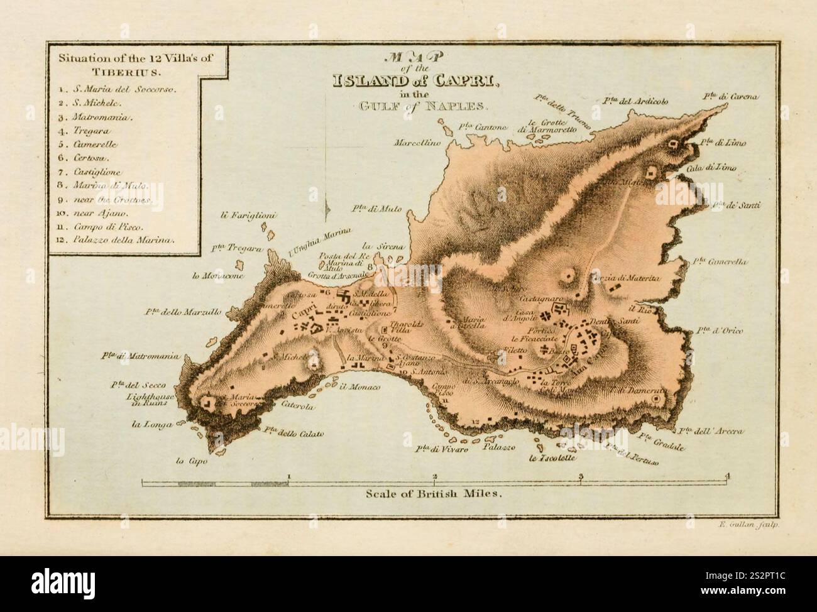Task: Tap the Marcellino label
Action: [x=418, y=143]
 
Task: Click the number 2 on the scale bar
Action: [x=435, y=476]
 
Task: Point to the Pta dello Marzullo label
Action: [x=182, y=311]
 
